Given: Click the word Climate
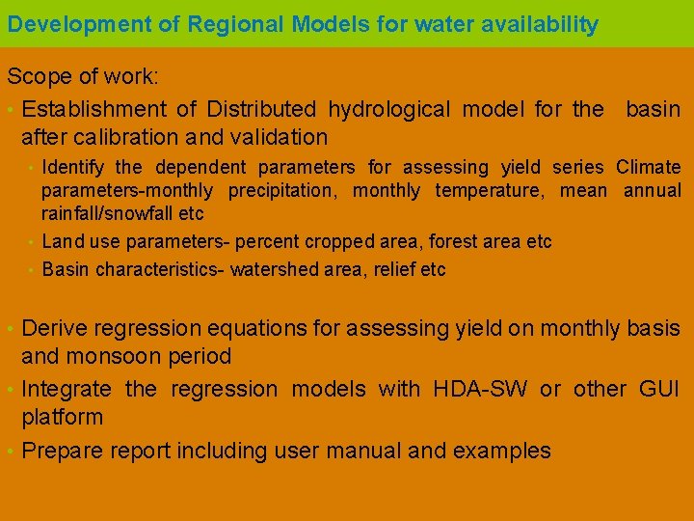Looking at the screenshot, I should pos(648,168).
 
